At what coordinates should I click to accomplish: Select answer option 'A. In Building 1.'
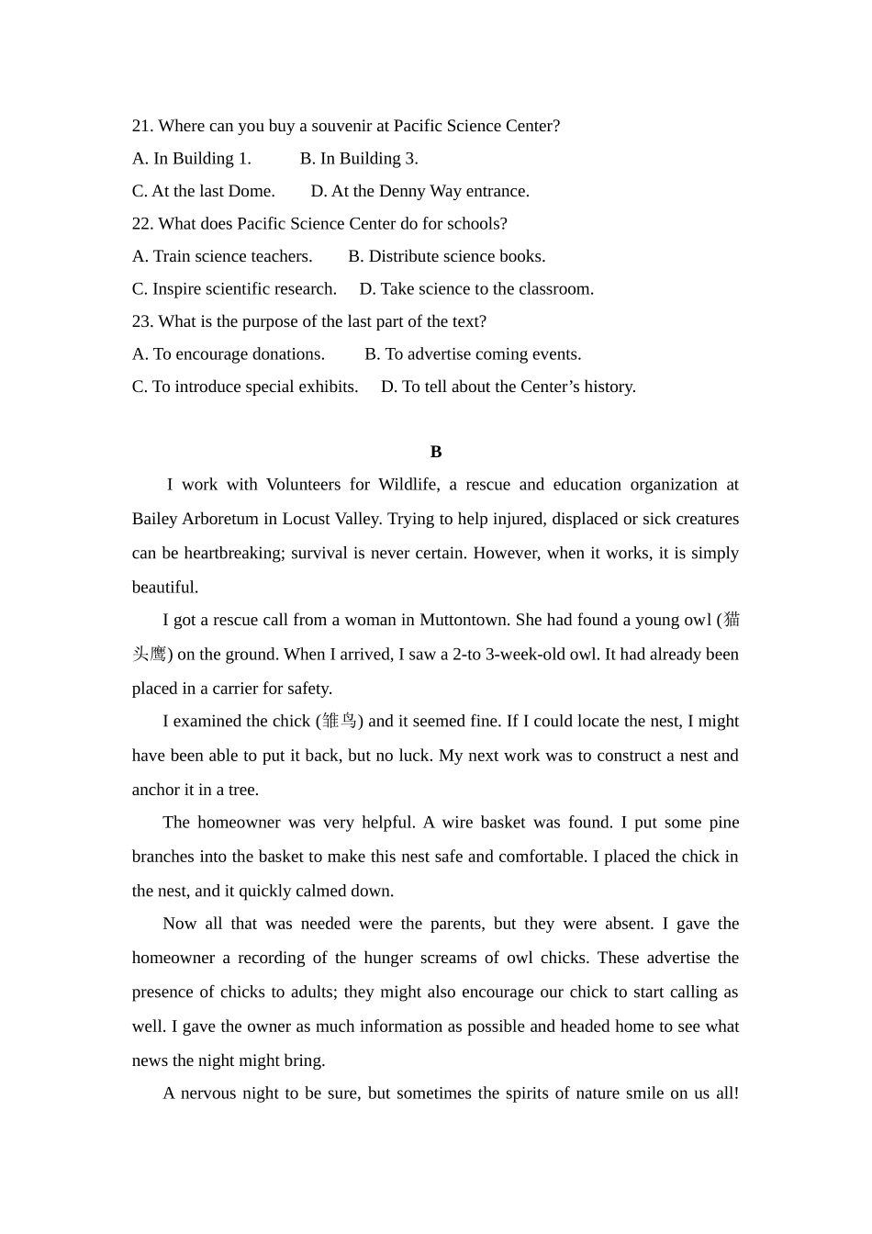[191, 159]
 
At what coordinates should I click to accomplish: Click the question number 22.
[142, 224]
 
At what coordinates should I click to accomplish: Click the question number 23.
[142, 321]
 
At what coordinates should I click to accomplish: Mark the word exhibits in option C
[327, 387]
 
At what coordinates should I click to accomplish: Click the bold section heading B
[436, 452]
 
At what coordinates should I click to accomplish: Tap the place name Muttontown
[464, 620]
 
